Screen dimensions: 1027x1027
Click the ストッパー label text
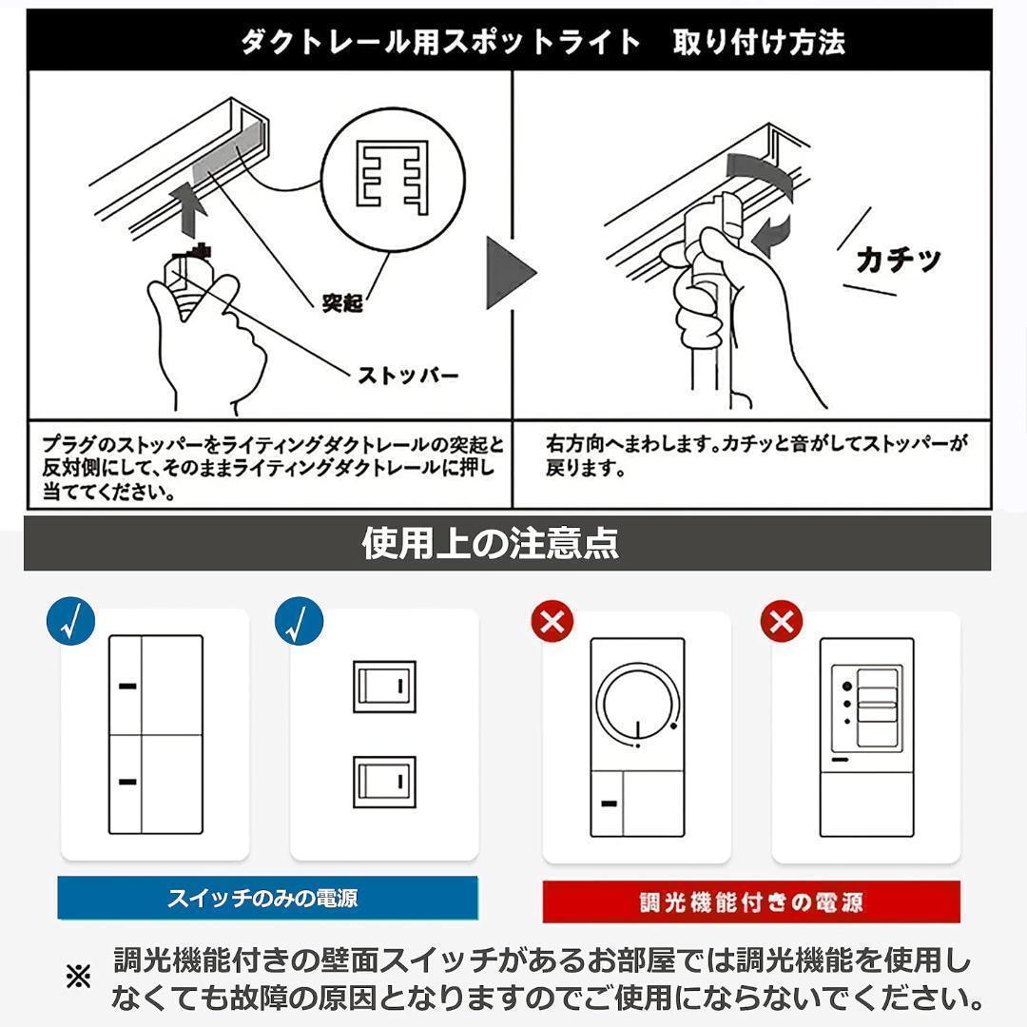tap(407, 375)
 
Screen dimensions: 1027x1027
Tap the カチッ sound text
tap(898, 259)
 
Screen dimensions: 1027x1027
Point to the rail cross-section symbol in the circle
tap(390, 177)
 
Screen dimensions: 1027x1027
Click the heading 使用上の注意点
tap(490, 543)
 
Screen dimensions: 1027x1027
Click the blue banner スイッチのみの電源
tap(267, 898)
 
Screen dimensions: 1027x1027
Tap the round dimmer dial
tap(638, 705)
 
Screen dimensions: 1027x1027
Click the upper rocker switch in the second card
tap(384, 684)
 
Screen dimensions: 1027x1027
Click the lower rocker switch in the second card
tap(384, 782)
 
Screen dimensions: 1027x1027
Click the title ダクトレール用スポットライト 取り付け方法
tap(542, 42)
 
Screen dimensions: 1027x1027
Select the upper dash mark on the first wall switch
tap(127, 684)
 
